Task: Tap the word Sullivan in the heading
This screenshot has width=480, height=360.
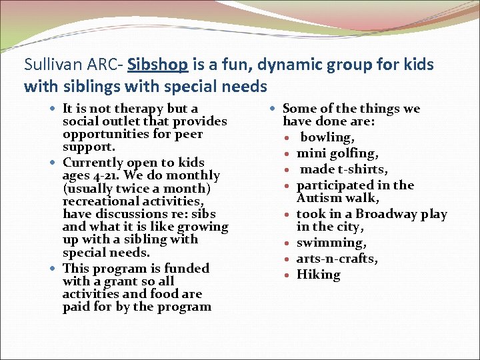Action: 48,65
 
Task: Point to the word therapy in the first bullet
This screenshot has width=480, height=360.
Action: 139,109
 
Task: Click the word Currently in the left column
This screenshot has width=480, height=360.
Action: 93,163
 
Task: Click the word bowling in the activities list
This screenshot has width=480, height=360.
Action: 326,137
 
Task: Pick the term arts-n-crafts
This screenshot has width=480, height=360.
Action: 337,259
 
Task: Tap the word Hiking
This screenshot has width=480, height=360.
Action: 318,275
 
